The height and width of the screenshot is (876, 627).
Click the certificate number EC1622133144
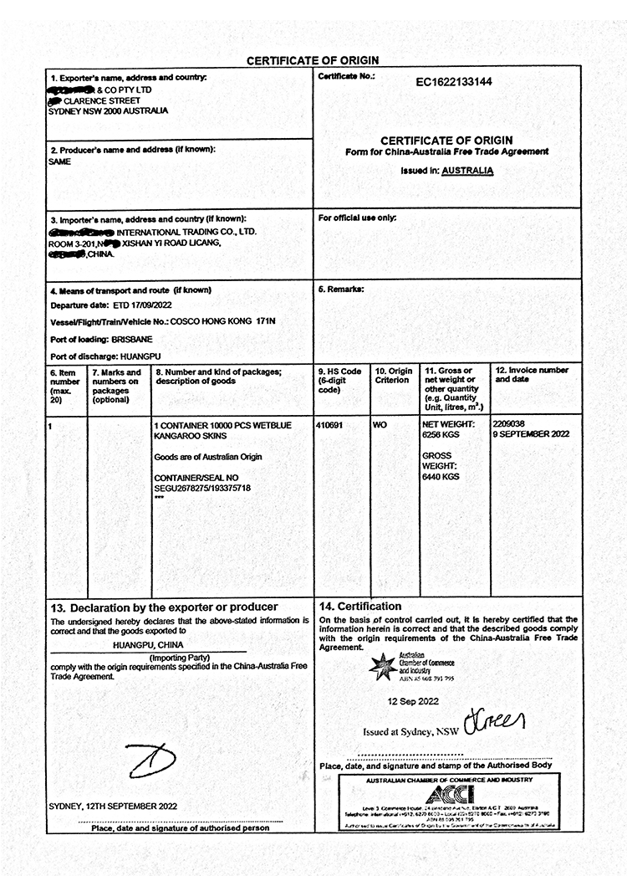coord(454,82)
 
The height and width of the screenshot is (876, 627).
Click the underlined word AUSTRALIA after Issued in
coord(467,171)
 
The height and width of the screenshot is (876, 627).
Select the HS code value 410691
coord(329,425)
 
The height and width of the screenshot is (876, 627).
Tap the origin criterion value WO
coord(380,425)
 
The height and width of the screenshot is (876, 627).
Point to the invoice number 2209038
coord(510,424)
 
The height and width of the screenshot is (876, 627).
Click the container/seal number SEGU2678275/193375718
coord(202,487)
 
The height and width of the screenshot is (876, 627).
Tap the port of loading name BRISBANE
coord(134,340)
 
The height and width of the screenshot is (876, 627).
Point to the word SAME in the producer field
coord(60,161)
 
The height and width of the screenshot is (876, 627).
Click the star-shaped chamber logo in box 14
coord(384,665)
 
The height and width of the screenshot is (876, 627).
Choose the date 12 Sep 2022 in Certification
coord(413,701)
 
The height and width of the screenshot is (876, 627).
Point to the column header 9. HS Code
coord(339,371)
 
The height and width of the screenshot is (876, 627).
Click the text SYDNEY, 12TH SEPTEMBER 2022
coord(113,807)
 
